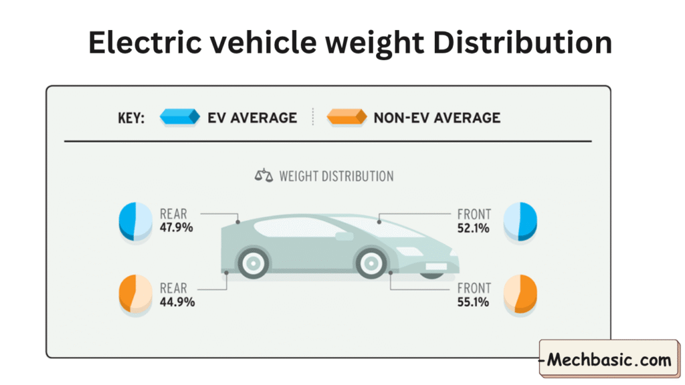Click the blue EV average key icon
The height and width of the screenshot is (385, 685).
point(180,118)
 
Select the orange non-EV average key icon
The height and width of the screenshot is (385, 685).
point(347,118)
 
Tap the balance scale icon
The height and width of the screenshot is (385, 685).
point(264,176)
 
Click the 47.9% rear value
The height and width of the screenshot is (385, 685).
point(177,228)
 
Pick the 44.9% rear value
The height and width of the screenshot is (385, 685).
point(177,302)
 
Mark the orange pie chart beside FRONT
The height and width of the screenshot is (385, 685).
point(520,294)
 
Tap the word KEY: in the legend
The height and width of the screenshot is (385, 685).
point(131,118)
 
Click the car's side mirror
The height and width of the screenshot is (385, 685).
point(344,237)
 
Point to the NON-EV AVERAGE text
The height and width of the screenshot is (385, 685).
point(437,118)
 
